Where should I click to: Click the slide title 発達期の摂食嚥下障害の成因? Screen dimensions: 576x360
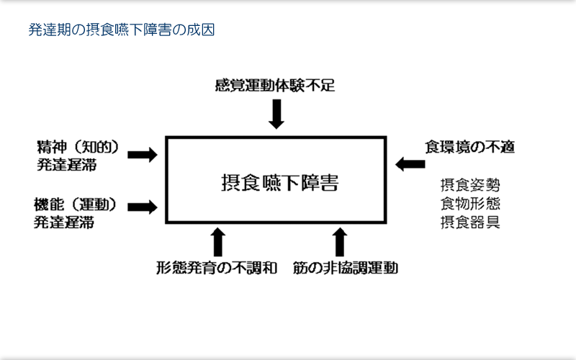point(122,30)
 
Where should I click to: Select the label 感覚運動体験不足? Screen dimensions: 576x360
point(275,86)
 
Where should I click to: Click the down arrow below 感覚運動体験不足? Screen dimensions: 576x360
point(276,114)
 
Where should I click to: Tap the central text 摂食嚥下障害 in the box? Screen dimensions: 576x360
point(279,183)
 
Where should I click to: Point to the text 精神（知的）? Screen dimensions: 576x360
point(78,147)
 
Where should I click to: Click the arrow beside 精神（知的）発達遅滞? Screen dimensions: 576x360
point(143,155)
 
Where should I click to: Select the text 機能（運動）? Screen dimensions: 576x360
point(76,204)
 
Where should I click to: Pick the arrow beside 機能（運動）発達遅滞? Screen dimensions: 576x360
point(143,207)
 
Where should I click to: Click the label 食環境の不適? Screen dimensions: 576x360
point(470,147)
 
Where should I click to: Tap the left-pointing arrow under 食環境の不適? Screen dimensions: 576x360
point(410,164)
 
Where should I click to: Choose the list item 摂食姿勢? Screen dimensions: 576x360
point(470,185)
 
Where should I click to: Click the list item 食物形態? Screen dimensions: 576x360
point(470,204)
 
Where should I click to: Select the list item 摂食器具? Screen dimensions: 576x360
point(470,222)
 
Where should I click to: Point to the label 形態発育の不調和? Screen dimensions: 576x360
point(217,268)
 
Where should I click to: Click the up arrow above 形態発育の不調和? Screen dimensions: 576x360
point(218,242)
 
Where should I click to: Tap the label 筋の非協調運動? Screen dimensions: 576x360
point(346,268)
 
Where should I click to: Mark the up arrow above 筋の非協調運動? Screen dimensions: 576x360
point(340,242)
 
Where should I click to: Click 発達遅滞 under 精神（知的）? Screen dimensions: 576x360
point(67,165)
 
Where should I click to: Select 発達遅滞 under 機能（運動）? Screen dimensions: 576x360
point(64,222)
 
